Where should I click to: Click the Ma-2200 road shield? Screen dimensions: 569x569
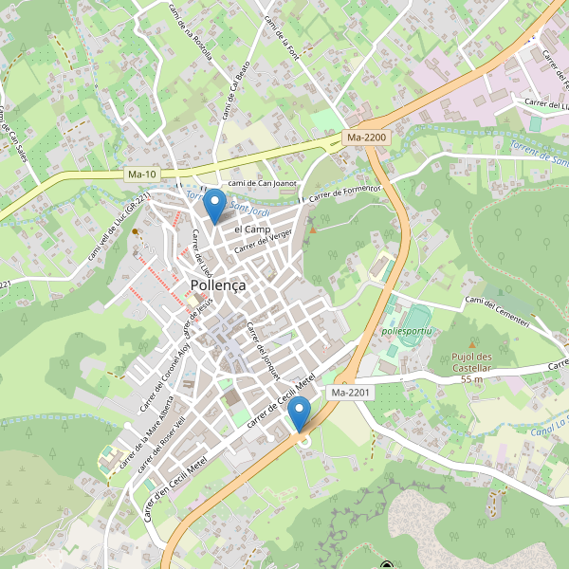367,138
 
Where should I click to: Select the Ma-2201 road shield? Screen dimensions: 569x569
351,392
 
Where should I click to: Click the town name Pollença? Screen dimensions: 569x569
218,284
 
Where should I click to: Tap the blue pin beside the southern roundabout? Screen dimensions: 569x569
301,415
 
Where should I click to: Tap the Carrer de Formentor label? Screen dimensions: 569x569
342,193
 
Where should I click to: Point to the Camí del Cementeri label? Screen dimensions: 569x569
509,311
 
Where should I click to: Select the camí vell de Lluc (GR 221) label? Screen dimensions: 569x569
119,228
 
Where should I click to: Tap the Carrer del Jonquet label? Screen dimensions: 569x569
262,349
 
